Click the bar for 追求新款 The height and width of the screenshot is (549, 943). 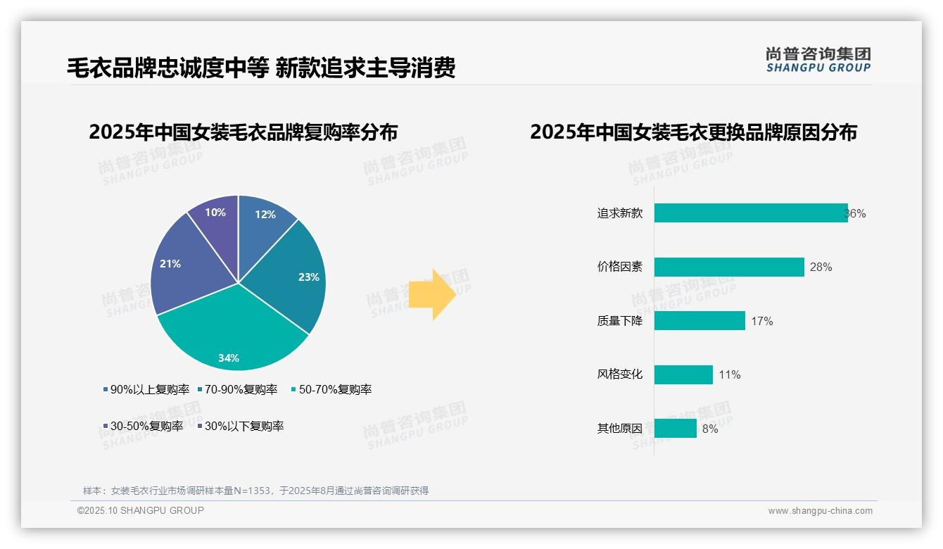pos(750,213)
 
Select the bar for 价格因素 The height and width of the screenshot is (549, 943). pos(728,267)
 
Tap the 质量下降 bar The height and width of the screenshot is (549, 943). pos(699,321)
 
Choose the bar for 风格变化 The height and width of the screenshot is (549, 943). pos(683,374)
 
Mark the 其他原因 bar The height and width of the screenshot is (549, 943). pos(675,428)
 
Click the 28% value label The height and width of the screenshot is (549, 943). pos(821,267)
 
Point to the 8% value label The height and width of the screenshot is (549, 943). pos(710,429)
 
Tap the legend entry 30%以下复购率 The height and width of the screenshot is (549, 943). pos(243,426)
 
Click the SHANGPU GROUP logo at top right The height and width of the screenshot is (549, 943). pos(818,59)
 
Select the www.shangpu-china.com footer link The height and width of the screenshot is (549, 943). pos(820,511)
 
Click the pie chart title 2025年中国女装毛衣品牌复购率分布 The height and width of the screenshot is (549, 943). pos(243,132)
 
